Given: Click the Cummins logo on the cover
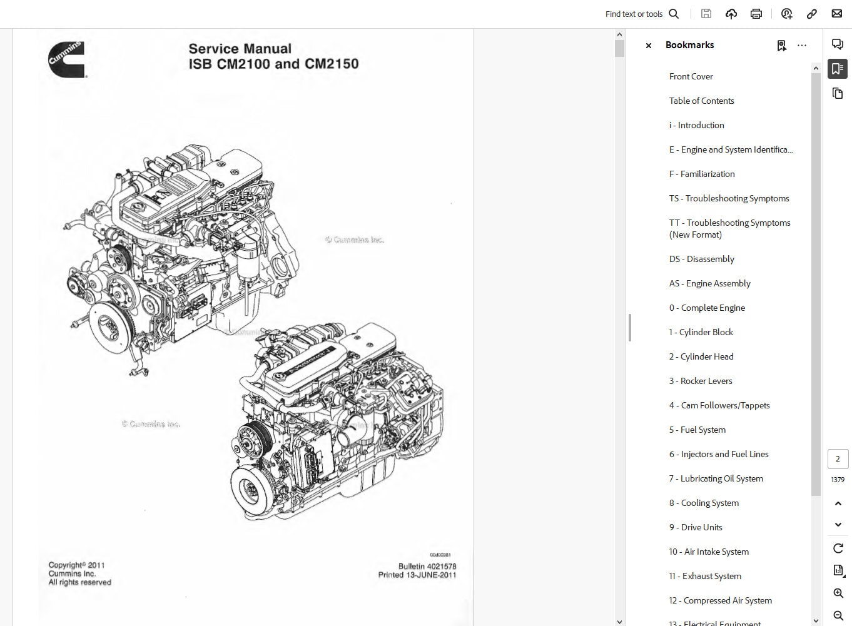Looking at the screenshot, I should pos(67,59).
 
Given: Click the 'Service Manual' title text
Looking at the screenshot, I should pos(240,49).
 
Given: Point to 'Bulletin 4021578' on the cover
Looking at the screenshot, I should pos(427,566).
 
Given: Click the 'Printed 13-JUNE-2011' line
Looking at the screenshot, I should pos(417,575).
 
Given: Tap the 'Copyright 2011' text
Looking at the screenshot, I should pos(76,565).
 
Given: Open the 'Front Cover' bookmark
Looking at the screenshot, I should pos(691,76).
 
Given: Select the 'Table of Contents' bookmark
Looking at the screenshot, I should pos(701,101).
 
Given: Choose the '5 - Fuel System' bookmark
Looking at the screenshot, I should pos(697,430).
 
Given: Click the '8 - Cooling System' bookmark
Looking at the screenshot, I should pos(704,503).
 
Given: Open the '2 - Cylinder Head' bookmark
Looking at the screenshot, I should pos(701,356).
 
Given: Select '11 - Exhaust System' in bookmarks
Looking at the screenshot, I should pos(705,576).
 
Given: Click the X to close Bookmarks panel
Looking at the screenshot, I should pos(649,46).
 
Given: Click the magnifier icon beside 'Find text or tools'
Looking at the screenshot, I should pos(674,14).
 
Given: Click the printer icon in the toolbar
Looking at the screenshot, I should pos(756,14).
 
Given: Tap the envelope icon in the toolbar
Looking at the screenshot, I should pos(836,14).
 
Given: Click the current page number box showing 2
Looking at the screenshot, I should pos(838,459).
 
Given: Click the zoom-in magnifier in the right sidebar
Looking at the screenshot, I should pos(838,593).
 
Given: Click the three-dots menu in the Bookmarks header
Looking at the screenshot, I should pos(802,46).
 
